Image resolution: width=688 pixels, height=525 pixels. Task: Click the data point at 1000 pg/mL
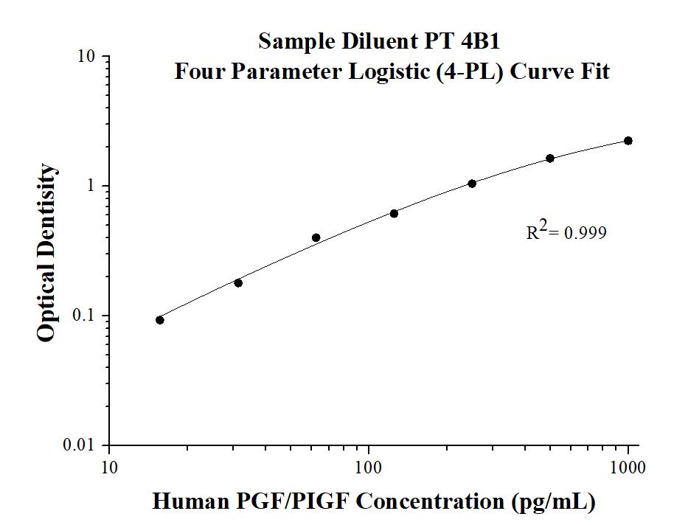click(x=628, y=141)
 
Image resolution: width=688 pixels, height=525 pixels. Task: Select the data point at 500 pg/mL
click(x=550, y=159)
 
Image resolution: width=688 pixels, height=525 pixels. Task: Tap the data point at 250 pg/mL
click(x=472, y=184)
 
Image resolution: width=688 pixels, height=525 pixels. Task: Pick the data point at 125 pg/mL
click(x=394, y=214)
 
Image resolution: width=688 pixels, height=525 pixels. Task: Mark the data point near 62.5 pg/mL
click(x=316, y=237)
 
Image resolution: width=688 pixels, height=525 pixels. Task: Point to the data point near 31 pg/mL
click(x=238, y=283)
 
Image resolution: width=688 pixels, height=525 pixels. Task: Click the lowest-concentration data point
click(x=160, y=320)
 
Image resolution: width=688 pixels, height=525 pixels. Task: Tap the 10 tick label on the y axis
click(x=88, y=57)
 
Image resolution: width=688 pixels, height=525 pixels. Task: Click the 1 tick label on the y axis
click(x=93, y=186)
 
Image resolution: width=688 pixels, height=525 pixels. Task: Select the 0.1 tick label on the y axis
click(x=86, y=316)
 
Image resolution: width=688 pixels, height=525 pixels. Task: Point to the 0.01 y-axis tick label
click(x=83, y=445)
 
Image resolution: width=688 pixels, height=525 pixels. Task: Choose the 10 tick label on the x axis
click(x=109, y=467)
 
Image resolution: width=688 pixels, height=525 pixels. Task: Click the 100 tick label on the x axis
click(x=368, y=467)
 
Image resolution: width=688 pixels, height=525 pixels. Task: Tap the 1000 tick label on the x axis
click(x=628, y=467)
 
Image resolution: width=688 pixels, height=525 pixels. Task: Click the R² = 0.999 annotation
click(x=566, y=232)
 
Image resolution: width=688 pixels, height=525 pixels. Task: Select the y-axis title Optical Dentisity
click(x=46, y=253)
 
